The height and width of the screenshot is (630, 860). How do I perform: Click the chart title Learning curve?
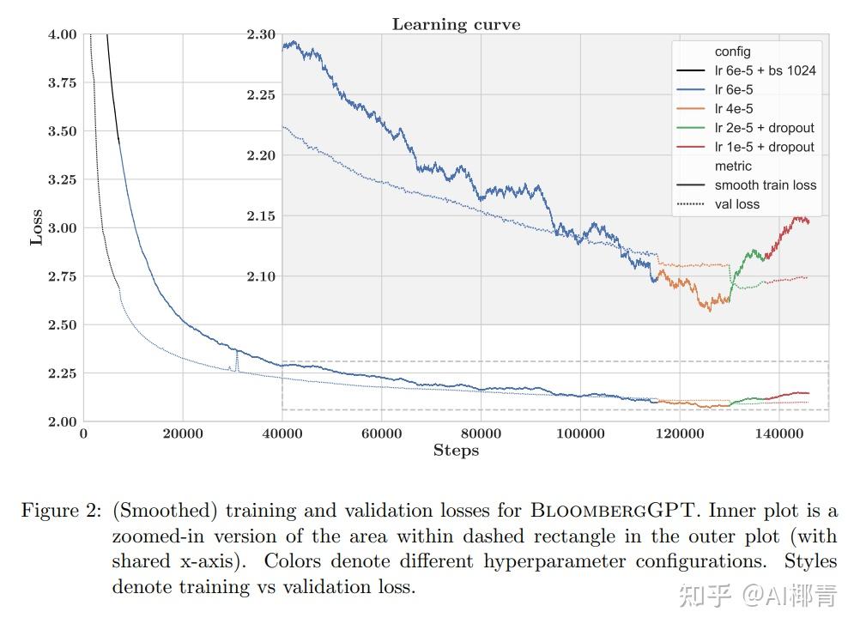[x=456, y=24]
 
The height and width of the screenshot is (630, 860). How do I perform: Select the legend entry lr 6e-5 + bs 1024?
[x=765, y=70]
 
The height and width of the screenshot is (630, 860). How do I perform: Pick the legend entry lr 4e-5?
[x=734, y=109]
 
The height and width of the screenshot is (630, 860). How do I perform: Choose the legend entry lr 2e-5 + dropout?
[x=765, y=128]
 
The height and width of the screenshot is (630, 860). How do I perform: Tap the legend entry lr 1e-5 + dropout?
[x=765, y=147]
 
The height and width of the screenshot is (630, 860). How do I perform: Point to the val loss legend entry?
[x=737, y=204]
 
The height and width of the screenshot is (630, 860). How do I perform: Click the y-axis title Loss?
[x=36, y=228]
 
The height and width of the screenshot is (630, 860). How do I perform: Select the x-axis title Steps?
[x=456, y=451]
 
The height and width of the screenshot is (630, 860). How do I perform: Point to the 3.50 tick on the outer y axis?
[x=60, y=131]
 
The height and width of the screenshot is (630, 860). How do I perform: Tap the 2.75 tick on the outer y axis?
[x=60, y=277]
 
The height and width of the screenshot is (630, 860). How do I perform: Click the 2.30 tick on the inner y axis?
[x=261, y=35]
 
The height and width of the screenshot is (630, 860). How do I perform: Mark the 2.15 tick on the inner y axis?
[x=261, y=216]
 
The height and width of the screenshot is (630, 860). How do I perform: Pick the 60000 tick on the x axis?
[x=381, y=433]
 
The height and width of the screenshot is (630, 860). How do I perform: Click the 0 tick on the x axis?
[x=83, y=433]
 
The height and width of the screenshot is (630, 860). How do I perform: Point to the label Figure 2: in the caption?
[x=60, y=511]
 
